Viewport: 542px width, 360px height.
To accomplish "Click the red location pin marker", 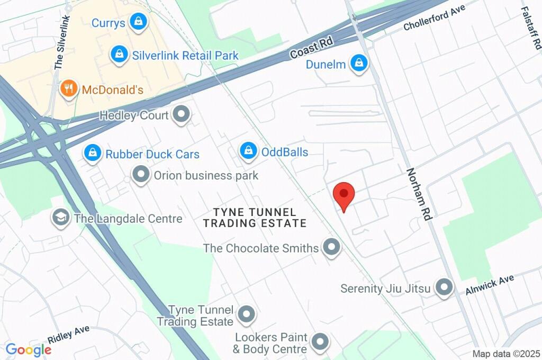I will [344, 195].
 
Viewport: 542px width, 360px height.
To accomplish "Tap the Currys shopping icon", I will [138, 22].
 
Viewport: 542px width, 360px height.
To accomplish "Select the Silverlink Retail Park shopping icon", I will [120, 55].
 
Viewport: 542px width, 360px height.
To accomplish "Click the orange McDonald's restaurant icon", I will [69, 89].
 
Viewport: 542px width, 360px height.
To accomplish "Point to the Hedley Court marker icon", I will [182, 115].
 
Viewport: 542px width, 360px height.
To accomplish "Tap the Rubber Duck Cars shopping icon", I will [93, 154].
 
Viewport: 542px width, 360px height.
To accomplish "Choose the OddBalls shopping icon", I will [248, 152].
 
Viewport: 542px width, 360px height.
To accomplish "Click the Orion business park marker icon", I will [141, 175].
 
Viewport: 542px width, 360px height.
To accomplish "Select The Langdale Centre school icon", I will [61, 218].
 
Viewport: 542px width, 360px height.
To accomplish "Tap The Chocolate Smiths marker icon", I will [332, 247].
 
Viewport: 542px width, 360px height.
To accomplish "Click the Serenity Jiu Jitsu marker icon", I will [443, 288].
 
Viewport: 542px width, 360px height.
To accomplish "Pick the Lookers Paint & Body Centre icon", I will [320, 343].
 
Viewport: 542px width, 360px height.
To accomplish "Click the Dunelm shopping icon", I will [359, 64].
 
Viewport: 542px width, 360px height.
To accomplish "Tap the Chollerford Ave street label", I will [434, 19].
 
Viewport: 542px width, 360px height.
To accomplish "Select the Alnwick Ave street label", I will [490, 285].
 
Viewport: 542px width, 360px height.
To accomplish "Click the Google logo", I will [28, 349].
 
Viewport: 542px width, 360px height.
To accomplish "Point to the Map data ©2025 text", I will [505, 353].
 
